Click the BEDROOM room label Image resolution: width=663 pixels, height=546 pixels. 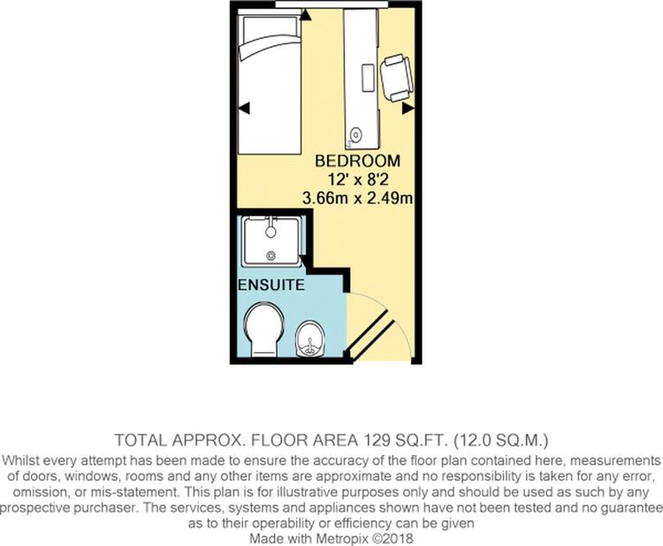(x=358, y=161)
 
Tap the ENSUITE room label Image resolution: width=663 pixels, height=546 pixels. (x=271, y=284)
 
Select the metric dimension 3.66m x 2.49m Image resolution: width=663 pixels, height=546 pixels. (x=358, y=198)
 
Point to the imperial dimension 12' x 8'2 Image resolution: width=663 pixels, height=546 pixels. (x=358, y=180)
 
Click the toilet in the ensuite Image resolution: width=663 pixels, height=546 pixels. (x=263, y=329)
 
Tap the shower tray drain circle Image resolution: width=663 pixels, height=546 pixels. (x=271, y=255)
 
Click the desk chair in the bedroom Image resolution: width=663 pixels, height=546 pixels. (x=397, y=78)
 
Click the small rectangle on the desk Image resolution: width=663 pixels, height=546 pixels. (x=368, y=78)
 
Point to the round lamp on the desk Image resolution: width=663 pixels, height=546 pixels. (x=356, y=135)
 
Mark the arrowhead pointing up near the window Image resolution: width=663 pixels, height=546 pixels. (x=306, y=15)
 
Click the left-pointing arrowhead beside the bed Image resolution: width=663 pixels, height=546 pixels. (x=244, y=108)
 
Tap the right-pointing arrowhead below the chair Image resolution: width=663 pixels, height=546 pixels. (x=408, y=108)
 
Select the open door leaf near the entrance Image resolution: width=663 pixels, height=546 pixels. (x=370, y=336)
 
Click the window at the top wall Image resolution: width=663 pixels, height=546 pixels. (x=331, y=4)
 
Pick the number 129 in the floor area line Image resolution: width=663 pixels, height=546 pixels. (x=376, y=441)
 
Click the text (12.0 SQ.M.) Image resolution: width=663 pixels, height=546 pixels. (x=501, y=441)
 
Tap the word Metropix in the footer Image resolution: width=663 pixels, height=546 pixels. (x=342, y=539)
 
